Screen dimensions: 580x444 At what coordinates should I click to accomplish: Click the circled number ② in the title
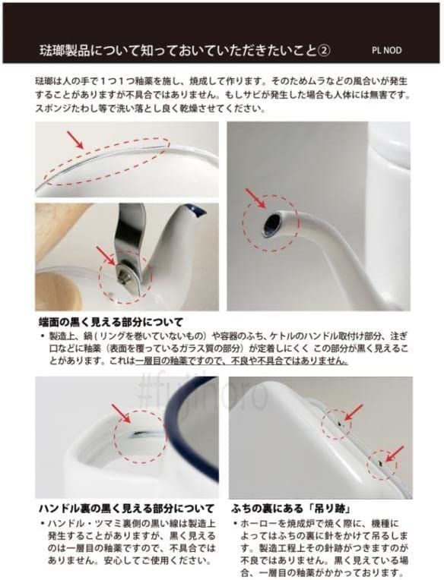(324, 51)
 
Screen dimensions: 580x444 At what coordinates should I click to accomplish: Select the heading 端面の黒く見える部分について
(110, 321)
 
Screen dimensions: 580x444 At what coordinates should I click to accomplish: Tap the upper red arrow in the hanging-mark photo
(353, 411)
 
